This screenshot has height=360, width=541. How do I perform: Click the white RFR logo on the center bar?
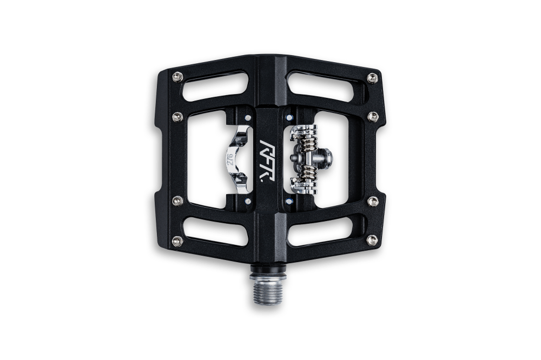[x=267, y=160]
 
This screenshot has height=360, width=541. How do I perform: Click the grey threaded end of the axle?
[x=268, y=289]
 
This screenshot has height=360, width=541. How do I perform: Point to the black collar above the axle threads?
[x=268, y=268]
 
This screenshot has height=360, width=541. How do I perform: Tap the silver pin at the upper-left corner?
[x=177, y=77]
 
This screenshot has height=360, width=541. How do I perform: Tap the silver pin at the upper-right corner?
[x=372, y=78]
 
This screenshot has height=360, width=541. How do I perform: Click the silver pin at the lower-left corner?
[x=177, y=241]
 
